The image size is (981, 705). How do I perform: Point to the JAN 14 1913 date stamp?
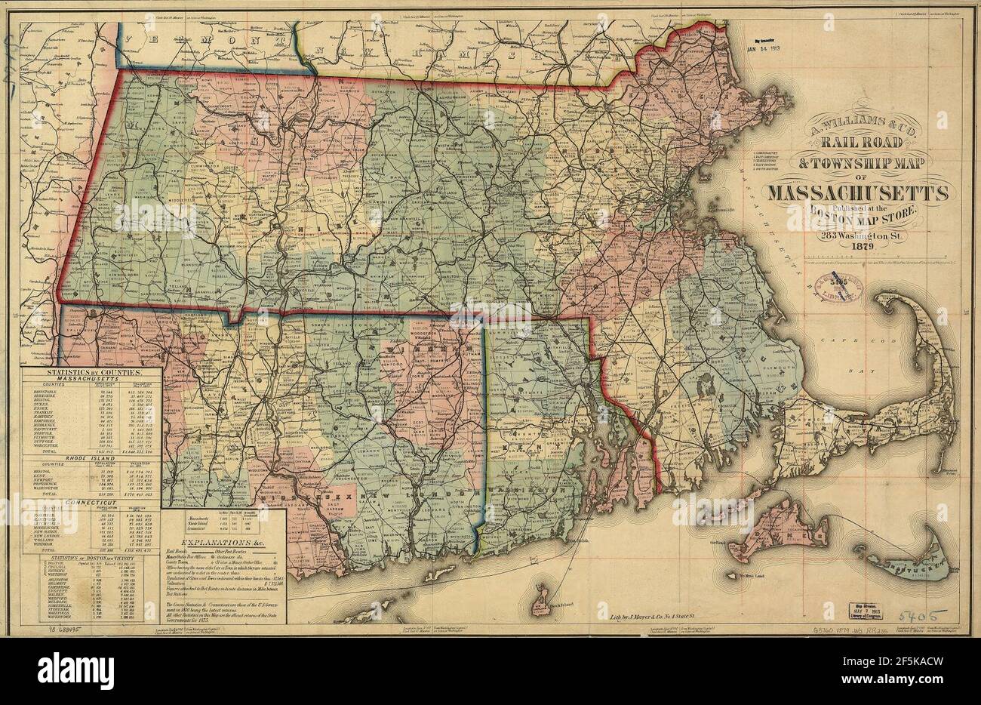tap(771, 50)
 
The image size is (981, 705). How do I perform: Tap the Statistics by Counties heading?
tap(93, 374)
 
